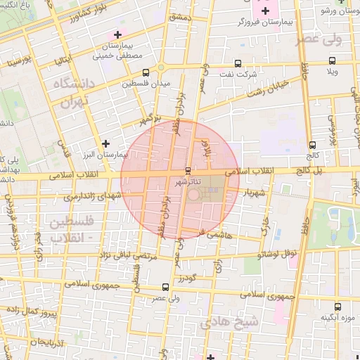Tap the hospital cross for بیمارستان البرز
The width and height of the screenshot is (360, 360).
click(106, 143)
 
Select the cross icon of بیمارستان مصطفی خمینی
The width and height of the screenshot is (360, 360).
click(117, 34)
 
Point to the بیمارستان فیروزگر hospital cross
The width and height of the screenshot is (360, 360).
click(265, 11)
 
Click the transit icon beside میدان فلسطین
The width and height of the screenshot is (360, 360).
click(146, 72)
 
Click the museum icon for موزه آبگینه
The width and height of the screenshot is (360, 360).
click(338, 307)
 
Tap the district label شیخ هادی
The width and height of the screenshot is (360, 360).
click(230, 322)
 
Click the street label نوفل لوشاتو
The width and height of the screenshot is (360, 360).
click(276, 252)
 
